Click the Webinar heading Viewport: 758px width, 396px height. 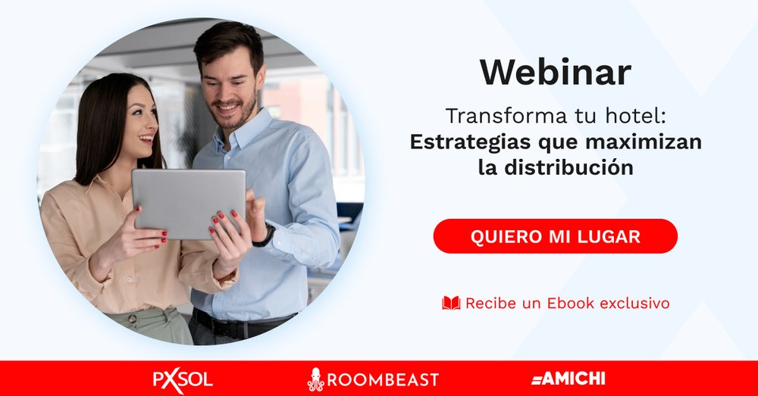[556, 73]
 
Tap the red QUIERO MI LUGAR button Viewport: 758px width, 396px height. [556, 236]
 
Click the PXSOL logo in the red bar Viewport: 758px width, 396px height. [183, 379]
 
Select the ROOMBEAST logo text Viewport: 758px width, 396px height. [383, 379]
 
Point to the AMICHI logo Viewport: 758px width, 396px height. [568, 379]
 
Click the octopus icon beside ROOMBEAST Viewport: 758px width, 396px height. [315, 379]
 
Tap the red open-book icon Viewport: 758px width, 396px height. [451, 304]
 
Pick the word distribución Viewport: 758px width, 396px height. [568, 167]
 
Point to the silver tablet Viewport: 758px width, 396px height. [189, 204]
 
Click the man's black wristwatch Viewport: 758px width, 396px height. [265, 235]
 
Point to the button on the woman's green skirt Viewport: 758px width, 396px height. [132, 320]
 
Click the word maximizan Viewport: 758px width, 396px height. [643, 142]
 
